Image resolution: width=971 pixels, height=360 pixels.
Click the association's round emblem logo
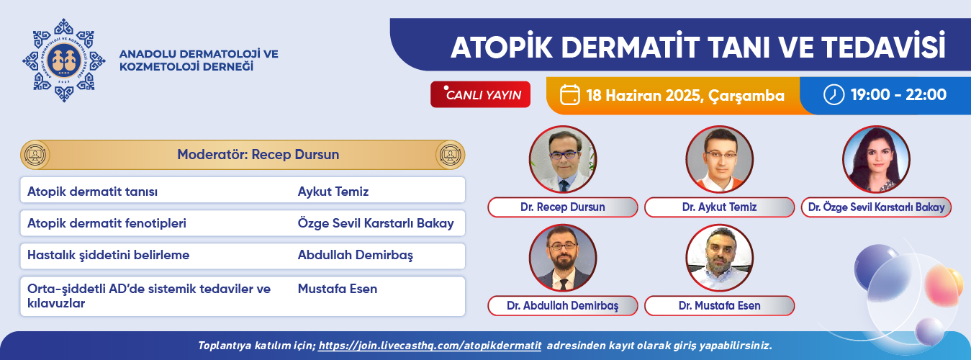pos(64,60)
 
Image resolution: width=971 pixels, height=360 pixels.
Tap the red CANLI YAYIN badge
pos(480,94)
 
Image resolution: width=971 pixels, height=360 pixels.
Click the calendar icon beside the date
pos(569,94)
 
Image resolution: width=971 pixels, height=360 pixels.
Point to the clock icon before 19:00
pos(834,94)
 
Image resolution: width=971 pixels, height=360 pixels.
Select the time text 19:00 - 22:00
pos(898,94)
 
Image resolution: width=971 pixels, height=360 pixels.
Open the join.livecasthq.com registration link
pos(430,346)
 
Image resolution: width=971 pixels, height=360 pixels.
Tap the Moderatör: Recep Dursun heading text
pos(258,154)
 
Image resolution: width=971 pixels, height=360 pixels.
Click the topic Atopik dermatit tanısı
pos(92,192)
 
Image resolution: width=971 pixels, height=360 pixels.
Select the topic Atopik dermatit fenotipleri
pos(107,223)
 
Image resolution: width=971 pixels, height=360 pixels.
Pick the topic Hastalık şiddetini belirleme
pos(109,255)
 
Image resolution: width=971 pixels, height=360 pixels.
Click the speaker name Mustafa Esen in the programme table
pos(338,289)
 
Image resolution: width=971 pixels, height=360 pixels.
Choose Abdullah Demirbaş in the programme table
pos(356,255)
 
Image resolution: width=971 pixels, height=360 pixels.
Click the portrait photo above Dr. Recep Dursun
pos(563,159)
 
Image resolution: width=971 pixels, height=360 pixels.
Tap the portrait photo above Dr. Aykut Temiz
pos(720,159)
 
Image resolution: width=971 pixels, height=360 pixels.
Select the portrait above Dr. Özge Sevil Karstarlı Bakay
pos(876,159)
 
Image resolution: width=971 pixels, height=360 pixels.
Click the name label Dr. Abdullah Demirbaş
pos(563,306)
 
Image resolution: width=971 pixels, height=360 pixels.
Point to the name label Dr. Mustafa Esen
pos(720,306)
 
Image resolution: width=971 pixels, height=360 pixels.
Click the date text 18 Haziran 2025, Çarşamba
pos(685,96)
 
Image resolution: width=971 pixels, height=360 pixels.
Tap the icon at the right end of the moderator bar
pos(450,155)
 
